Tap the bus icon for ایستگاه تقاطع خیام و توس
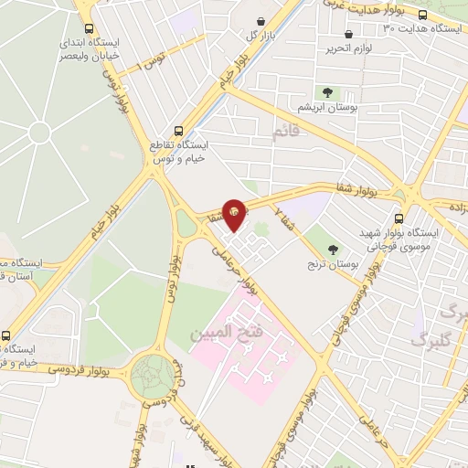click(x=177, y=130)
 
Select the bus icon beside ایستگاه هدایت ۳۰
click(x=423, y=15)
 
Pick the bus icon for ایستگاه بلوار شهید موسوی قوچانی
click(x=399, y=218)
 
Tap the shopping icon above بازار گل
click(x=261, y=21)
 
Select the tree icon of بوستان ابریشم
click(x=326, y=91)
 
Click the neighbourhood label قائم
click(x=285, y=133)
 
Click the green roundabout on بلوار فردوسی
click(x=150, y=375)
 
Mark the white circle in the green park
click(x=39, y=133)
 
